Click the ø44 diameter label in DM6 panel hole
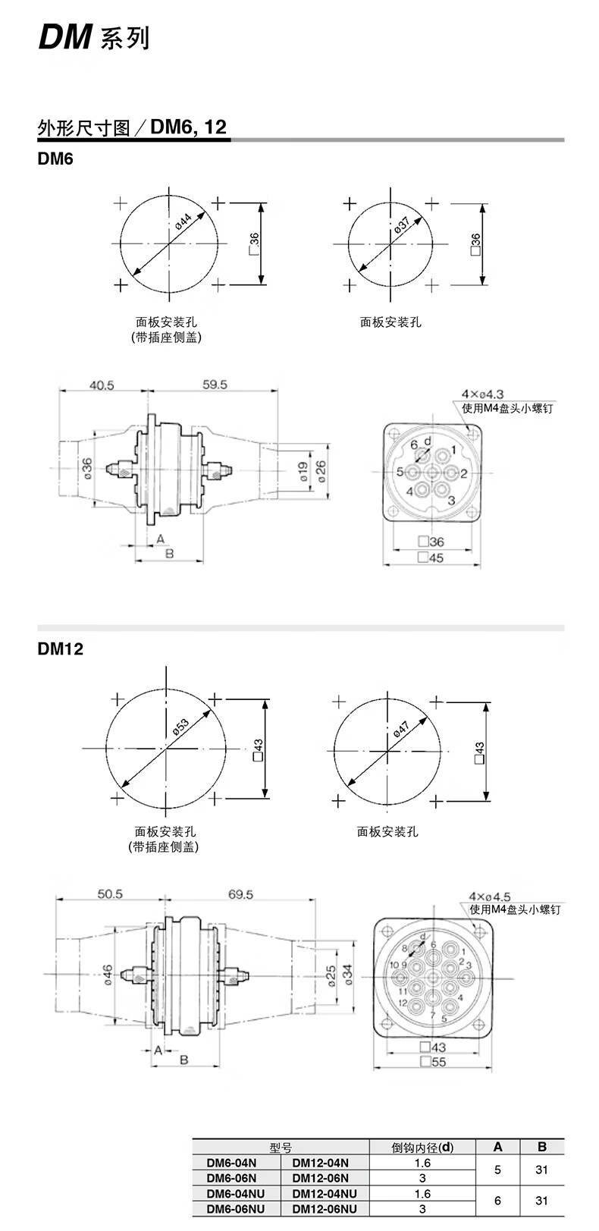pyautogui.click(x=183, y=222)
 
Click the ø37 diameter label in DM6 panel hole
pyautogui.click(x=401, y=225)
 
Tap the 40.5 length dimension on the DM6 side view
pyautogui.click(x=102, y=385)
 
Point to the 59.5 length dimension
pyautogui.click(x=215, y=385)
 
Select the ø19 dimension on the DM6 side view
pyautogui.click(x=302, y=472)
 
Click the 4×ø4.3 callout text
pyautogui.click(x=482, y=394)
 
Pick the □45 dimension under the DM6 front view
pyautogui.click(x=431, y=557)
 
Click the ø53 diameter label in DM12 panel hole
pyautogui.click(x=180, y=724)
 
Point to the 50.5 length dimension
pyautogui.click(x=110, y=895)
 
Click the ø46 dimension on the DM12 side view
pyautogui.click(x=108, y=974)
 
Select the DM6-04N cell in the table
pyautogui.click(x=232, y=1162)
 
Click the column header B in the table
pyautogui.click(x=541, y=1147)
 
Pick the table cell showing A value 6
pyautogui.click(x=497, y=1201)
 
